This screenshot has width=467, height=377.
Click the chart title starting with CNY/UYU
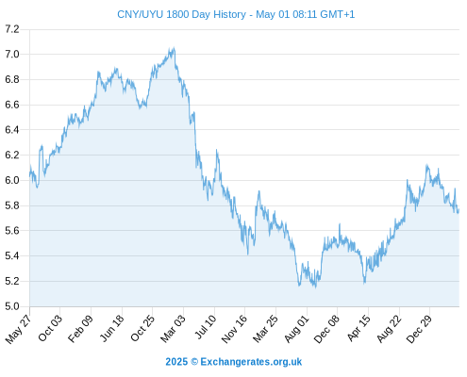[236, 14]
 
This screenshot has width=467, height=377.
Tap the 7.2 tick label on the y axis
[12, 29]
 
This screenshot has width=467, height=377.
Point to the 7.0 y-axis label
[12, 55]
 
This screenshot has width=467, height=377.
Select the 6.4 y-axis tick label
[12, 130]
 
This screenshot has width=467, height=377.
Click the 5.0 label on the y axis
[12, 306]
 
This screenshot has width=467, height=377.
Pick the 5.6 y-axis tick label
[12, 231]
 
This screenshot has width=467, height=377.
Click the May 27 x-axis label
[19, 329]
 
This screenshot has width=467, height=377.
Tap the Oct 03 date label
[50, 328]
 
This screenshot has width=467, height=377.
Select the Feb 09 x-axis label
[81, 328]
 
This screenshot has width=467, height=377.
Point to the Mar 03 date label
[173, 329]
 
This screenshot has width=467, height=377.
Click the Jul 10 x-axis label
[206, 327]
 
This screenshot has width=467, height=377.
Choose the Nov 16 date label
[234, 329]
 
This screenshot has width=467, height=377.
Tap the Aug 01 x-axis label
[297, 329]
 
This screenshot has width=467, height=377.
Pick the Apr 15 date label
[359, 328]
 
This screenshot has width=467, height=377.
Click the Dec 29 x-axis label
[420, 329]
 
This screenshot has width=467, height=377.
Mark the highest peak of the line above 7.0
[174, 48]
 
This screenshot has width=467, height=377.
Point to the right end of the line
[459, 210]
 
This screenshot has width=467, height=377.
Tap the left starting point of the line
[30, 175]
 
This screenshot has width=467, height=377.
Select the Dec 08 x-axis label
[327, 329]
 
